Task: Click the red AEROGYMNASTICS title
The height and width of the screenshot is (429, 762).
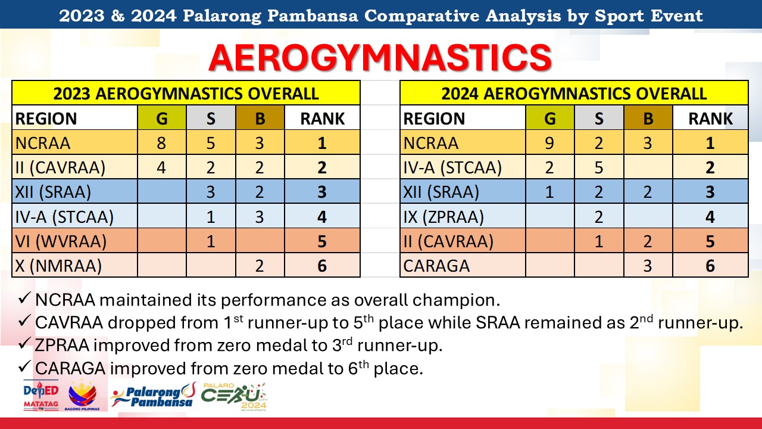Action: point(380,57)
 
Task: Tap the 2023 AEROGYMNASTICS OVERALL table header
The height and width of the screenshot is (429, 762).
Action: point(186,94)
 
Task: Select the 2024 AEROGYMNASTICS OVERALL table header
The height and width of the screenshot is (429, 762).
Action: point(574,94)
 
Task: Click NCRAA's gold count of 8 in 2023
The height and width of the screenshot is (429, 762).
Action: point(161,142)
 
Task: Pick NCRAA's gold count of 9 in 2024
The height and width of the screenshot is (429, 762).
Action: point(549,142)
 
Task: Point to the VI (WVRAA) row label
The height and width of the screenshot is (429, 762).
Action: point(61,241)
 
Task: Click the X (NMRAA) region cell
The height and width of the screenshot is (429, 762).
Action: point(74,265)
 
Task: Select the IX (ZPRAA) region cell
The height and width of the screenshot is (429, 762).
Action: point(463,216)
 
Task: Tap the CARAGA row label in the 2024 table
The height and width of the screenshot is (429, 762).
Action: point(436,266)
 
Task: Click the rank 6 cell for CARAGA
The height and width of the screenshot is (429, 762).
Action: point(710,265)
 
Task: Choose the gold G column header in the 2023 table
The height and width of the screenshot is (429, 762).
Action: point(161,118)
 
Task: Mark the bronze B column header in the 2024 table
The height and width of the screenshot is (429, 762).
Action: point(648,118)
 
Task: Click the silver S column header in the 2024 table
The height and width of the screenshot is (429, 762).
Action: point(599,118)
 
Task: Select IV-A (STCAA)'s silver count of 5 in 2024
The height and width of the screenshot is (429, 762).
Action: point(599,167)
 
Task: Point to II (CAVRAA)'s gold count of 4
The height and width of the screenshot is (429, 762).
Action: point(161,167)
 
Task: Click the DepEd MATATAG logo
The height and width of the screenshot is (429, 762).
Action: point(41,395)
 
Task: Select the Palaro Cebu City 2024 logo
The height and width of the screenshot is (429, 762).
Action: point(234,397)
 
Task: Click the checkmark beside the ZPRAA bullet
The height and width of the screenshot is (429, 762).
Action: point(24,343)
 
